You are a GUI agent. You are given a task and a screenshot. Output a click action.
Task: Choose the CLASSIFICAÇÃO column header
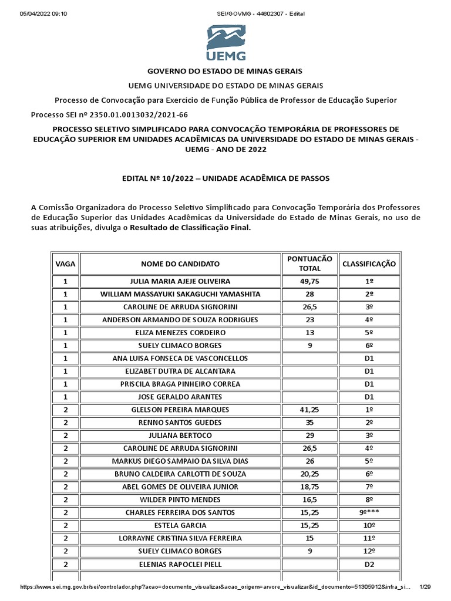coord(369,264)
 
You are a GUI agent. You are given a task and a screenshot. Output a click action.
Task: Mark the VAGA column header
coord(65,264)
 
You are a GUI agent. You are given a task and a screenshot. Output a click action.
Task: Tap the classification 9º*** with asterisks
coord(369,512)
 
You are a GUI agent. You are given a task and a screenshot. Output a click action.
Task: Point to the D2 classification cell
coord(369,564)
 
